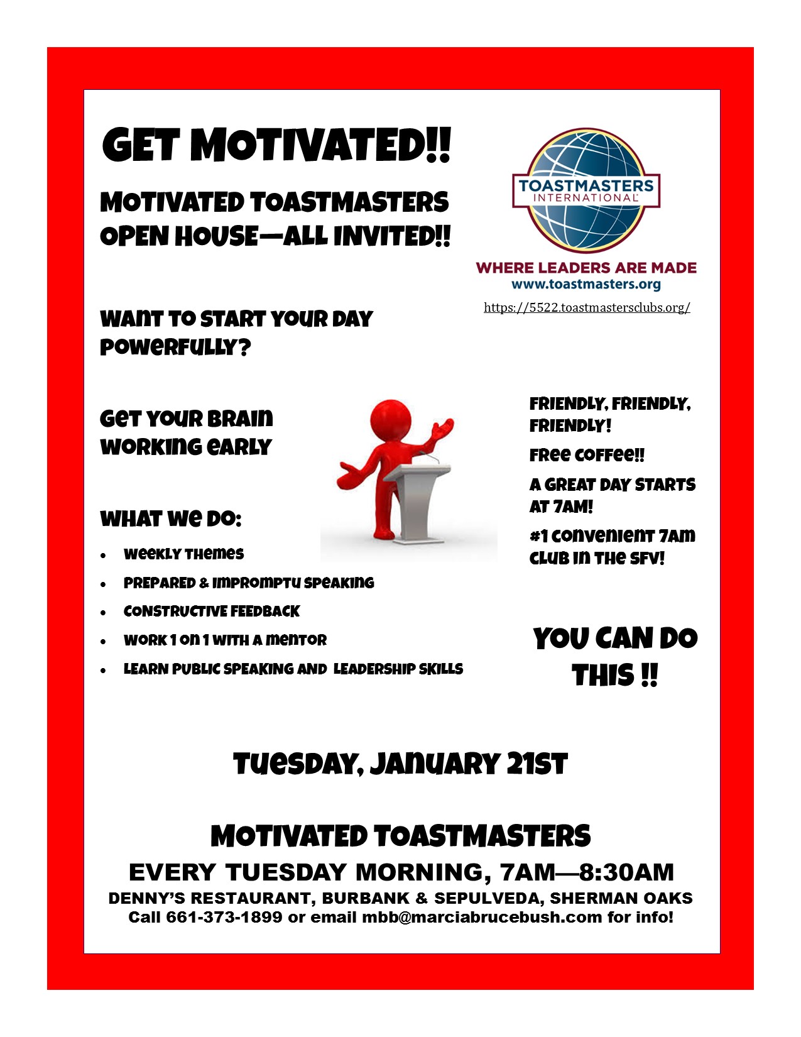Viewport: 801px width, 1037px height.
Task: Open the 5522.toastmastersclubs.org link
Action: pyautogui.click(x=587, y=307)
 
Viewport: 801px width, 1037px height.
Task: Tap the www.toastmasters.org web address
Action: pyautogui.click(x=586, y=285)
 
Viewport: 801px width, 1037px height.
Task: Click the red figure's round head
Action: pyautogui.click(x=390, y=420)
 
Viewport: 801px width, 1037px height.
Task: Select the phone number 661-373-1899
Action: pyautogui.click(x=224, y=917)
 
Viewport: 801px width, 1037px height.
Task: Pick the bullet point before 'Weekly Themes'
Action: pyautogui.click(x=103, y=555)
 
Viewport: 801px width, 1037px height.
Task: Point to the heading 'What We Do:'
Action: pyautogui.click(x=171, y=518)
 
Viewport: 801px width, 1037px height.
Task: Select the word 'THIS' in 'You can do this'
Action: pyautogui.click(x=603, y=675)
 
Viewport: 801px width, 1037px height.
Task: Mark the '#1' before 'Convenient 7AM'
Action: pyautogui.click(x=538, y=536)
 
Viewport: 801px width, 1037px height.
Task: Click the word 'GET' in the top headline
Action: pyautogui.click(x=141, y=145)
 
